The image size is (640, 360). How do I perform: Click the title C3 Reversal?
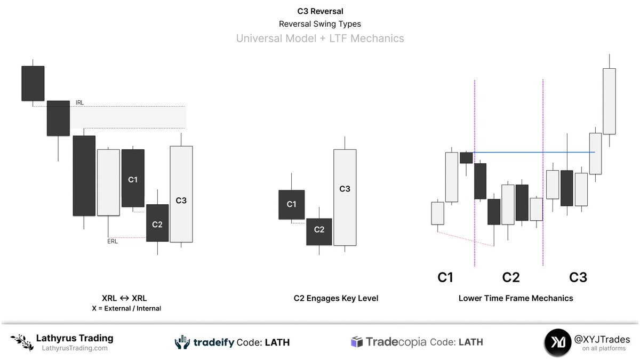click(x=319, y=11)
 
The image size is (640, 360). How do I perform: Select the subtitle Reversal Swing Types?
click(x=319, y=24)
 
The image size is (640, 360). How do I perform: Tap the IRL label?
click(x=80, y=102)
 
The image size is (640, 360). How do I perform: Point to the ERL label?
click(x=113, y=241)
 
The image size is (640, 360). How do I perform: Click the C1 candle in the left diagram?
click(x=133, y=178)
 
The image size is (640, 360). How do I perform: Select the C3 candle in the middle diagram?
click(x=345, y=197)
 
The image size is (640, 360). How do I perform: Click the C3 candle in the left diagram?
click(x=181, y=194)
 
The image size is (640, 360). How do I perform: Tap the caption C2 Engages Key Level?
click(x=336, y=298)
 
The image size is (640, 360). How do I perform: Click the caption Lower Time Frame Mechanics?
click(x=516, y=298)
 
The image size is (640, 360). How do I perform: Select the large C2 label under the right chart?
click(x=511, y=277)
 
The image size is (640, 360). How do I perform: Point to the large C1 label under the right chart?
click(x=445, y=277)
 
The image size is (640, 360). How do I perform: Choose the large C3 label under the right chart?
click(x=578, y=277)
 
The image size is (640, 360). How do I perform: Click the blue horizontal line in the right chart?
click(x=533, y=153)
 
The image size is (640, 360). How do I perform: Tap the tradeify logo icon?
click(x=182, y=342)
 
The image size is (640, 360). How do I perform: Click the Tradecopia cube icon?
click(x=357, y=342)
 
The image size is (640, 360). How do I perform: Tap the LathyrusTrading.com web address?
click(x=75, y=348)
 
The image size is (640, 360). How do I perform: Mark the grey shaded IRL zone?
click(x=128, y=117)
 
